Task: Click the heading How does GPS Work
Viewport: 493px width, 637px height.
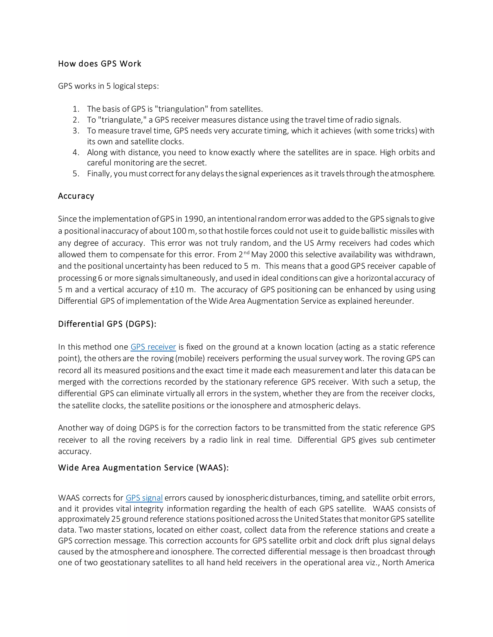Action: point(100,64)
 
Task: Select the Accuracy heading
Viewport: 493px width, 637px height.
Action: point(76,196)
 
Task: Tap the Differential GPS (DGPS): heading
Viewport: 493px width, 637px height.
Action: point(107,324)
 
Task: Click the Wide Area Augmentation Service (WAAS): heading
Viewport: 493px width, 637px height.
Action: point(143,468)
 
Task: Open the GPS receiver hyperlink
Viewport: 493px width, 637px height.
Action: point(153,347)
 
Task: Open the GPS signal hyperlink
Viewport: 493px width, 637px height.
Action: point(144,498)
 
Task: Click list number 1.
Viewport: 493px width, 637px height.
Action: point(76,109)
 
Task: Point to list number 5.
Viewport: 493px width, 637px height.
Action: point(76,174)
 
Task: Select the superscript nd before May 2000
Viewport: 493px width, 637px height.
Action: point(246,252)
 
